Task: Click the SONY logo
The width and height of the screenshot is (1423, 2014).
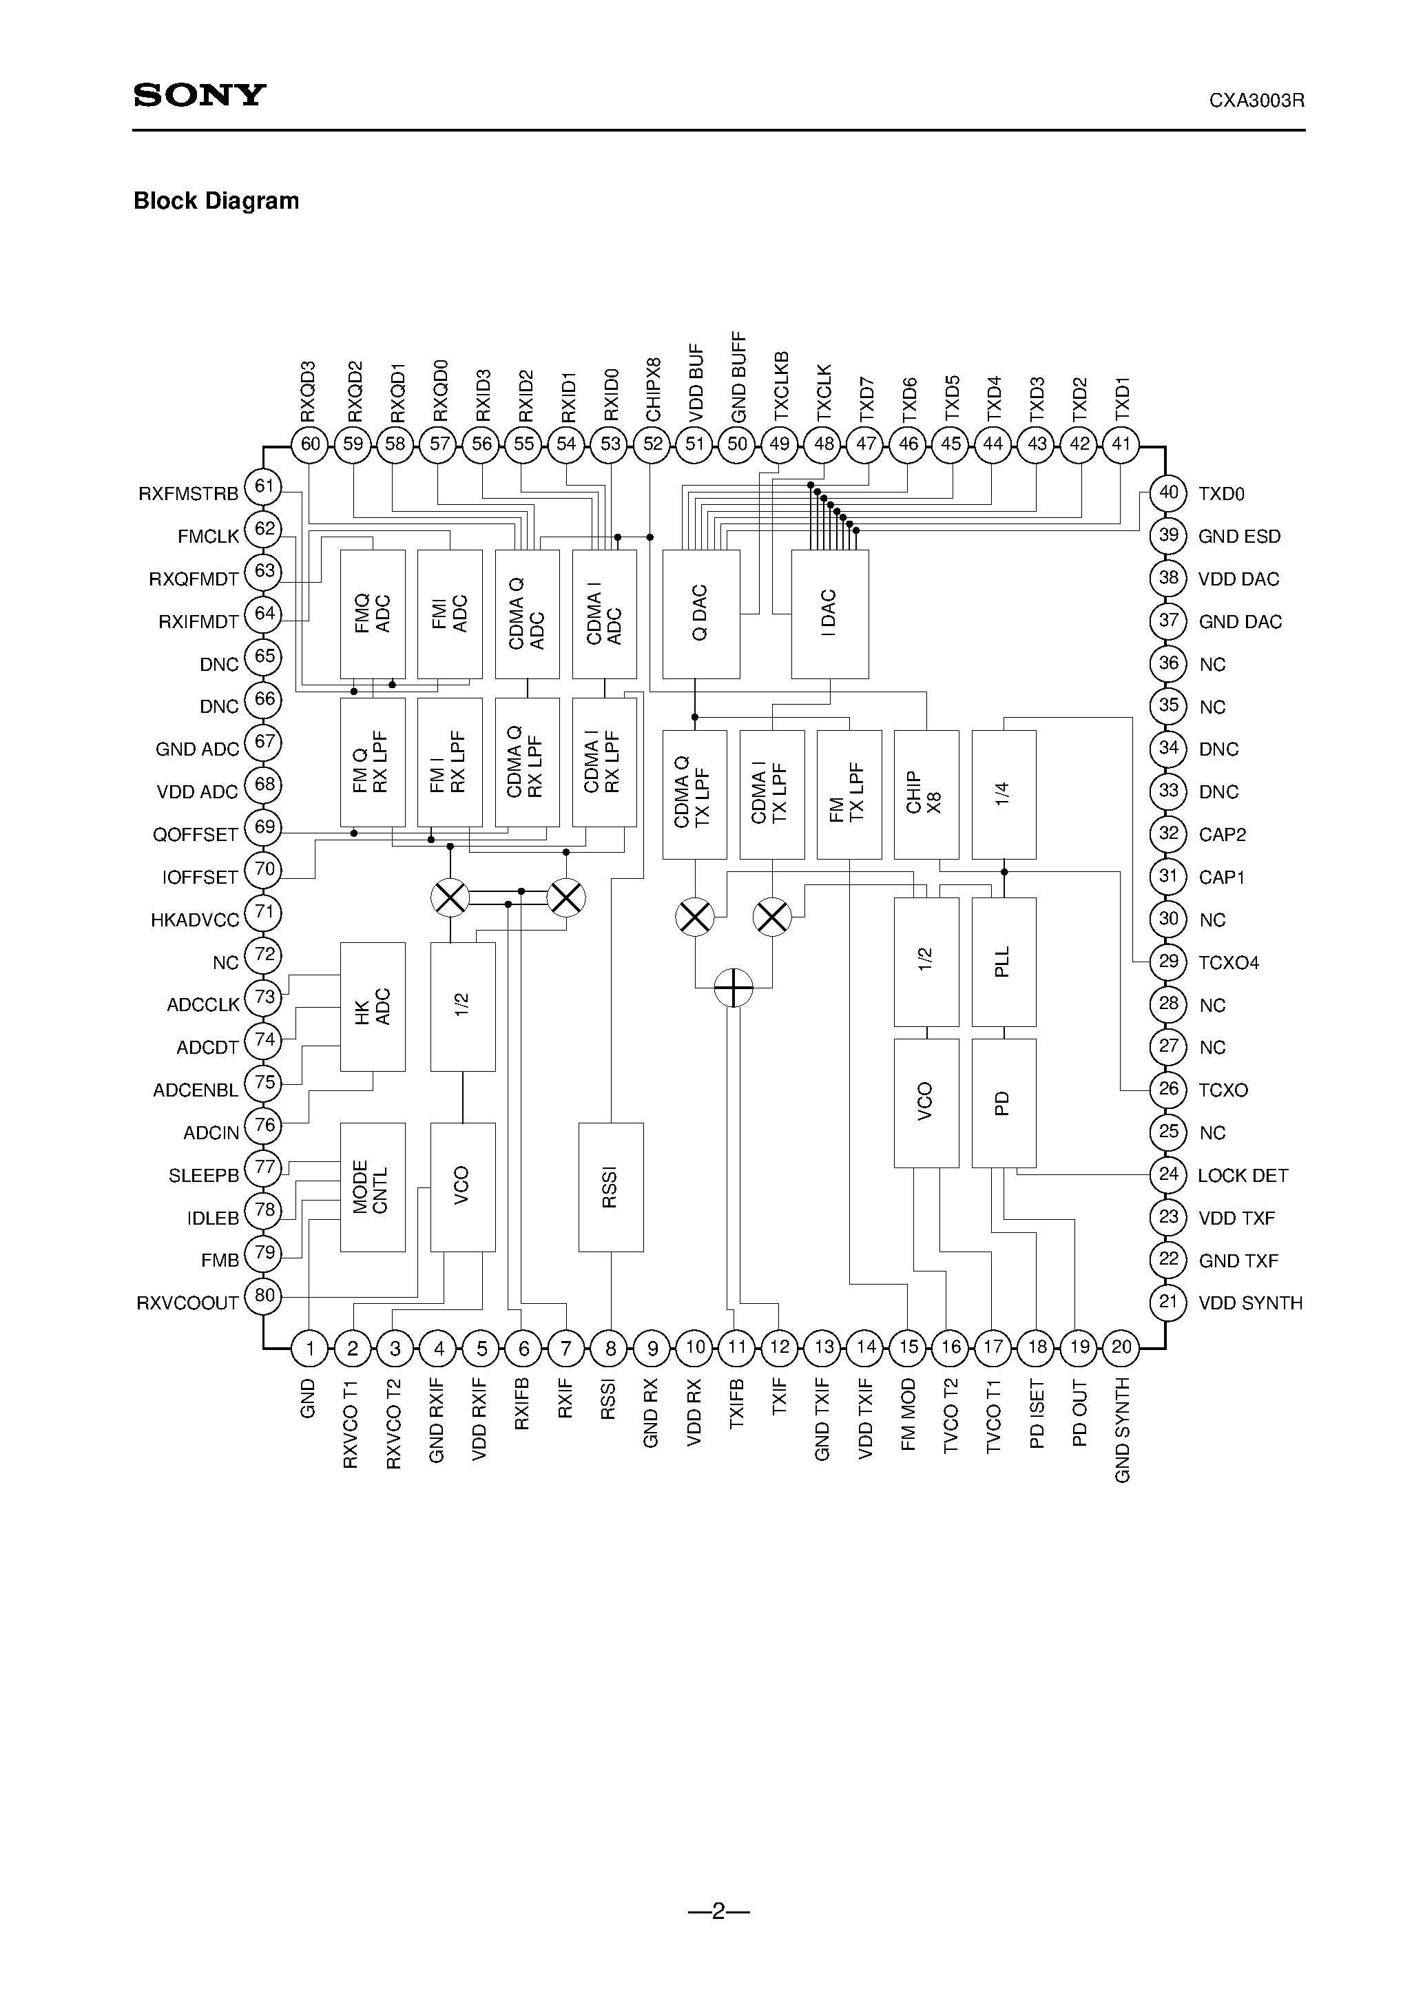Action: tap(199, 96)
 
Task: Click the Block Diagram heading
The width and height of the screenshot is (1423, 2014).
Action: tap(216, 201)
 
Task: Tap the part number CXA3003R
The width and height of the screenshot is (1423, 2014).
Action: tap(1256, 101)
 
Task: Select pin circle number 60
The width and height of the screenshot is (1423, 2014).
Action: tap(310, 444)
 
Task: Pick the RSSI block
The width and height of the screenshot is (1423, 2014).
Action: tap(611, 1187)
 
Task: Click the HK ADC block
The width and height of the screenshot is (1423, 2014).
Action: tap(373, 1006)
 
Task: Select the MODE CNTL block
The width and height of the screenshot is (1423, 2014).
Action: tap(373, 1187)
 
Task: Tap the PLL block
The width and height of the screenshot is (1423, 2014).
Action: tap(1004, 962)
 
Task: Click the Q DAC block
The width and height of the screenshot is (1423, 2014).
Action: tap(700, 614)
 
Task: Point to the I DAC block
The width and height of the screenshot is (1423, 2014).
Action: tap(830, 614)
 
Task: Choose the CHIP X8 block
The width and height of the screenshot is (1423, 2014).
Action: tap(926, 794)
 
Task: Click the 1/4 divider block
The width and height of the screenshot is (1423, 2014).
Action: tap(1004, 794)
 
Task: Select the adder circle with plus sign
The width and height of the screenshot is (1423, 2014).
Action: tap(734, 988)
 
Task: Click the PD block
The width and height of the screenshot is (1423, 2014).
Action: tap(1004, 1103)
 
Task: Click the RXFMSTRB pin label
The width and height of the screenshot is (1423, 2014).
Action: tap(188, 494)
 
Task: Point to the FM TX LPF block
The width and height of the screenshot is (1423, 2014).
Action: tap(849, 794)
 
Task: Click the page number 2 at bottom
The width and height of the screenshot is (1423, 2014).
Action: tap(718, 1911)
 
